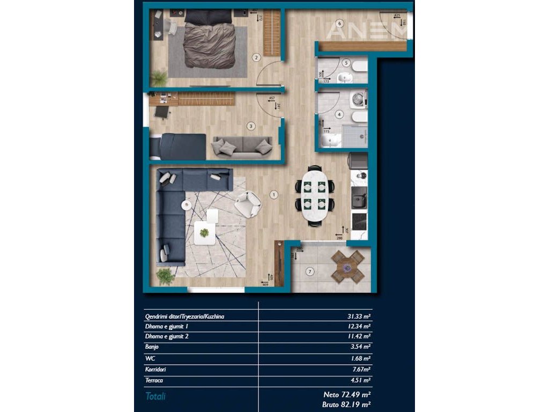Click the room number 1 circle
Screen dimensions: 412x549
pos(274,195)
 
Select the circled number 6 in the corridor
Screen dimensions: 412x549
pos(339,23)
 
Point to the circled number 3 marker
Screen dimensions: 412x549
pos(250,127)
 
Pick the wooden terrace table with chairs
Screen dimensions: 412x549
pos(347,267)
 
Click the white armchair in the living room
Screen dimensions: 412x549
pos(247,204)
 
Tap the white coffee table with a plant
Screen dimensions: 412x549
pos(204,232)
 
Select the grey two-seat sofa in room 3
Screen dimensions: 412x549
pos(242,146)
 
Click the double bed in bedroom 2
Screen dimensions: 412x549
pos(209,43)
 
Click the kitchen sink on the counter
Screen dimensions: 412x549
pos(358,200)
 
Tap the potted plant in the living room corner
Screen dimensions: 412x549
pos(165,277)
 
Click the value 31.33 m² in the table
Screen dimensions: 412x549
pos(359,317)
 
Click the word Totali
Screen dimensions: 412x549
pos(155,396)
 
